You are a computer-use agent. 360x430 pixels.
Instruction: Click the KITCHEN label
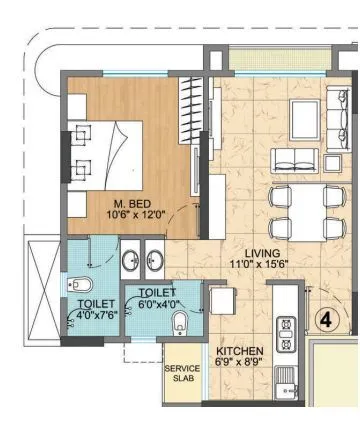click(240, 351)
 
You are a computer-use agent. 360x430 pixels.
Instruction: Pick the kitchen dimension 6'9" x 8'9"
click(240, 364)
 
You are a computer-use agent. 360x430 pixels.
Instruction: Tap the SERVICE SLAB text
click(182, 375)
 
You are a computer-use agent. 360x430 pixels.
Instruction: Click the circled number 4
click(326, 320)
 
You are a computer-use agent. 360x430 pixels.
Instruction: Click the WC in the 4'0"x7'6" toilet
click(81, 283)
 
